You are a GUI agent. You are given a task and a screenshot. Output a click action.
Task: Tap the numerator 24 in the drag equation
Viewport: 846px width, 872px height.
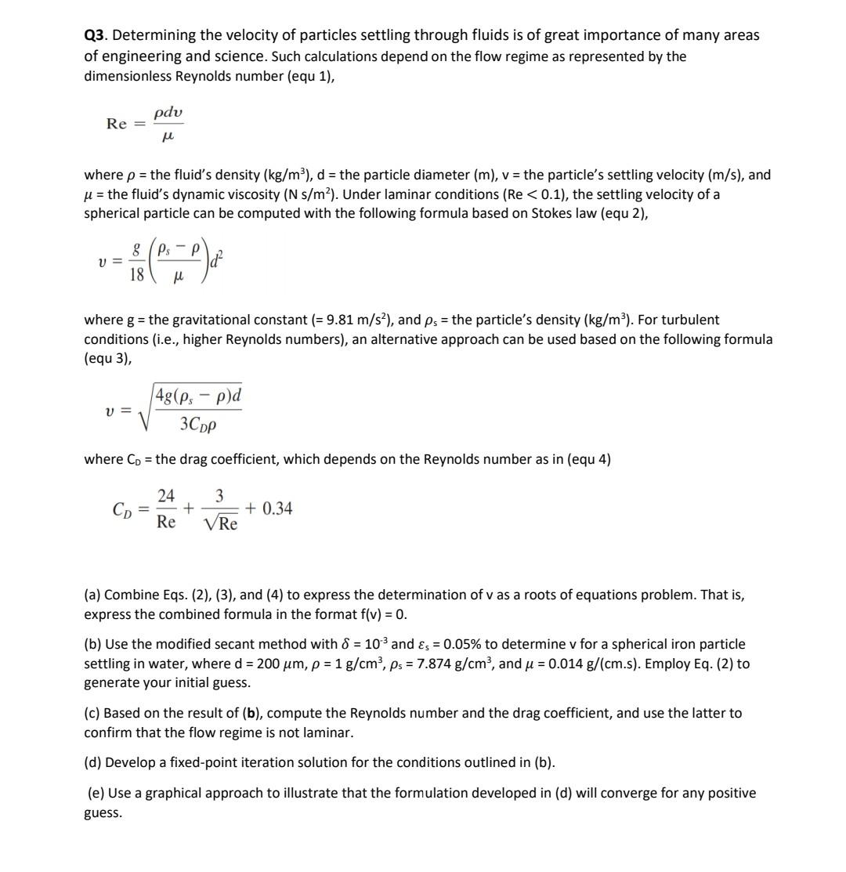point(166,495)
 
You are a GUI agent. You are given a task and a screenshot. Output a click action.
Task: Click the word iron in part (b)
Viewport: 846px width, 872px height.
point(666,644)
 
